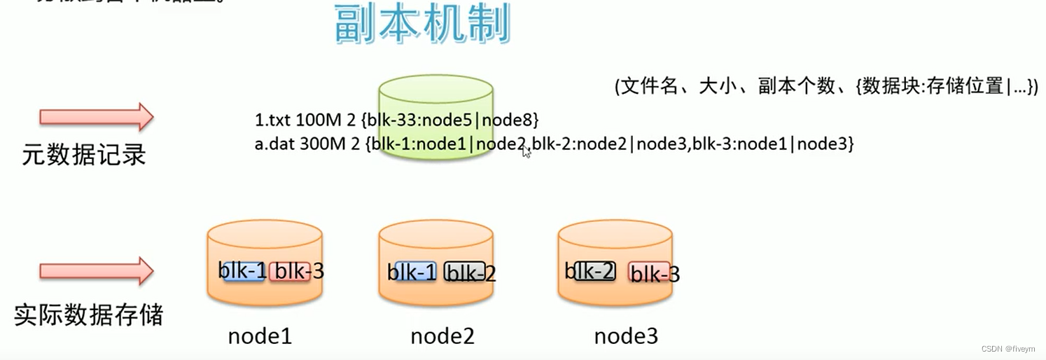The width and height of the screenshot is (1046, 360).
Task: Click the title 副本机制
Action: click(x=421, y=26)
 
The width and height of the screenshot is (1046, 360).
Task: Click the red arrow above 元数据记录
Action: click(x=97, y=117)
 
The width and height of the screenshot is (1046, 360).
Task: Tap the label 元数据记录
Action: click(x=84, y=155)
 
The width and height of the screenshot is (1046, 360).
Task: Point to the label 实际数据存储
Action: click(x=89, y=315)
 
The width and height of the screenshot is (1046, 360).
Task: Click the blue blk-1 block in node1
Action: click(x=243, y=271)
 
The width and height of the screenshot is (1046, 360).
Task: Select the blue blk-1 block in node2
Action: click(x=413, y=272)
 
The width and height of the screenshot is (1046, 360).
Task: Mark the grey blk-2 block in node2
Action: click(x=465, y=272)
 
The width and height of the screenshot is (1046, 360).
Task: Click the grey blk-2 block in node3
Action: click(x=594, y=270)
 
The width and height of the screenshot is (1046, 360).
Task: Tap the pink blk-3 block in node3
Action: click(x=650, y=272)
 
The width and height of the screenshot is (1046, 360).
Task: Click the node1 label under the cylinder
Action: click(x=260, y=337)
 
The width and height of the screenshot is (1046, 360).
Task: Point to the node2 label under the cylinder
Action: click(x=442, y=337)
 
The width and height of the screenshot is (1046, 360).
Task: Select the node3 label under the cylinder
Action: click(x=626, y=337)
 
